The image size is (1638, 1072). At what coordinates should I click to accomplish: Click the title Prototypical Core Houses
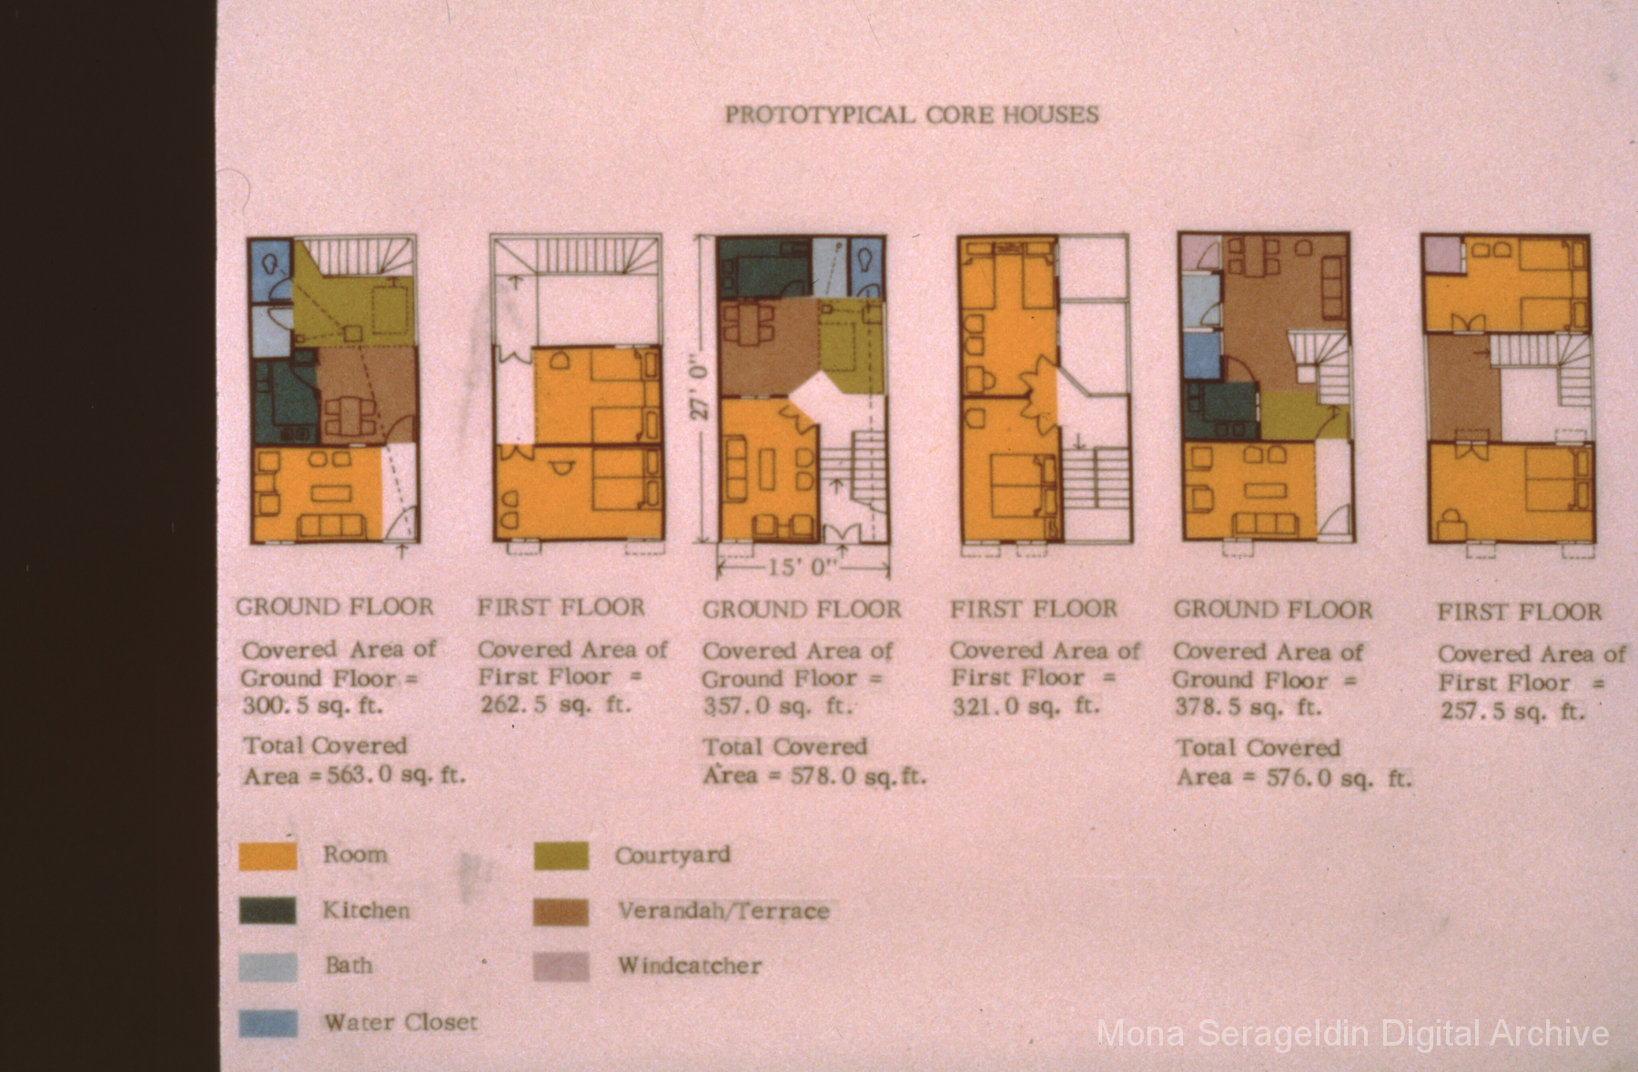(912, 115)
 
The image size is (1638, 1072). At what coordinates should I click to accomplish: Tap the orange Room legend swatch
(268, 856)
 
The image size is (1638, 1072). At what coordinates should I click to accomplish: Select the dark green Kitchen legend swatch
(268, 911)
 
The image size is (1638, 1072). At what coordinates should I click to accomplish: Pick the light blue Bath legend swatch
(268, 966)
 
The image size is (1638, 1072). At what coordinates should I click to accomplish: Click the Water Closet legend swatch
(268, 1023)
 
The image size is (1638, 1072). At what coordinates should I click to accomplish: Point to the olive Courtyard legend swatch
(561, 856)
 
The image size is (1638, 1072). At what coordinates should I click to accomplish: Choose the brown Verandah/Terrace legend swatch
(561, 912)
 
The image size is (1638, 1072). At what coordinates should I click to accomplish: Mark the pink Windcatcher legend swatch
(561, 966)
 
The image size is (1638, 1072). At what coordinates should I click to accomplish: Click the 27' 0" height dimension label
(702, 386)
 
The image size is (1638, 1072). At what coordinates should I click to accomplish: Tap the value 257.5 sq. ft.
(1512, 712)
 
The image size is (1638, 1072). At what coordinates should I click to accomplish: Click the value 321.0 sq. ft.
(1026, 706)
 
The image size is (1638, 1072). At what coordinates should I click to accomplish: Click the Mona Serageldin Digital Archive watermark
(1353, 1035)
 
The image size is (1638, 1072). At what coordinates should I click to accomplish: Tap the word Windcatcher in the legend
(690, 966)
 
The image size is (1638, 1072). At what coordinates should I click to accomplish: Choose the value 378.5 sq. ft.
(1248, 707)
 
